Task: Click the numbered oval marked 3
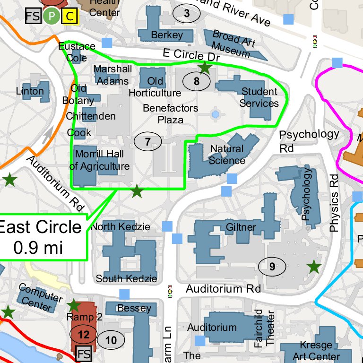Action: (x=187, y=14)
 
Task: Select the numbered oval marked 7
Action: (x=147, y=141)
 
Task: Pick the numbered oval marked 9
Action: (x=272, y=266)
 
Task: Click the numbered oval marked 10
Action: (x=111, y=340)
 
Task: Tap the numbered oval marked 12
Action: (x=84, y=335)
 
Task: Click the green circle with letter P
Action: (x=52, y=17)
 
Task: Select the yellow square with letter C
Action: (x=70, y=17)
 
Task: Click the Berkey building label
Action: (x=167, y=35)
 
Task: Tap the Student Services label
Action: (x=259, y=97)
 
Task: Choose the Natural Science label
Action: (x=227, y=155)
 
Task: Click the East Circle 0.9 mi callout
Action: (x=41, y=237)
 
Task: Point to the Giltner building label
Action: (x=241, y=227)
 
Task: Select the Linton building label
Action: (x=30, y=91)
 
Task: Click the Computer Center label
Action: (x=40, y=299)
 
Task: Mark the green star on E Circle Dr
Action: (x=205, y=68)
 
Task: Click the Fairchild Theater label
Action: (x=265, y=328)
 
